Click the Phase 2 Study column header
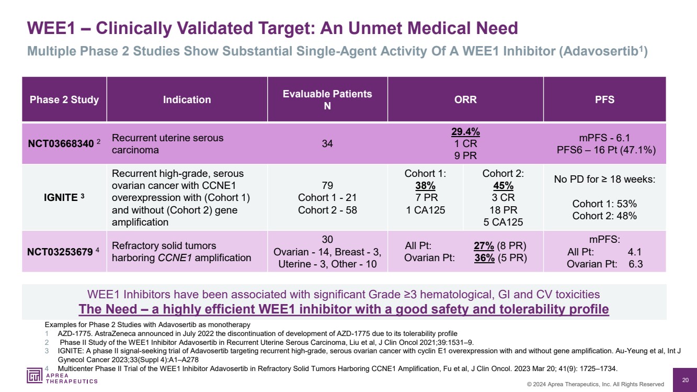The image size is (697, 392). [x=64, y=99]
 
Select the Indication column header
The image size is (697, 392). [x=187, y=99]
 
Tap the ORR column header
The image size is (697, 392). [x=465, y=99]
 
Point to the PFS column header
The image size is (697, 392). [x=604, y=99]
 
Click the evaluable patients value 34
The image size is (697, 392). [x=327, y=143]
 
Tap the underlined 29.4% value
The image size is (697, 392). [x=465, y=132]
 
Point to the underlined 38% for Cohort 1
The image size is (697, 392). [x=425, y=186]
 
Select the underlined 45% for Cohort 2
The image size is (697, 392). [x=503, y=186]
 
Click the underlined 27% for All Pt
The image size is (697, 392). [x=484, y=246]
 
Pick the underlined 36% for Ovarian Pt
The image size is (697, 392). [x=484, y=258]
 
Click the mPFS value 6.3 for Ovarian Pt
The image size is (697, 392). [x=636, y=264]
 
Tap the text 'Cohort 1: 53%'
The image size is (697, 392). [x=604, y=204]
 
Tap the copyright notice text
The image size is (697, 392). [x=595, y=384]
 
